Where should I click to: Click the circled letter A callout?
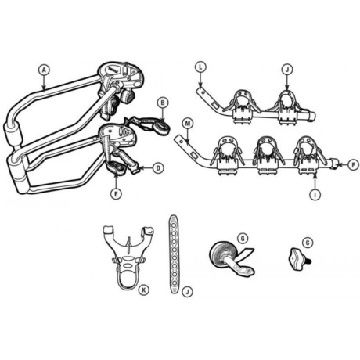(44, 70)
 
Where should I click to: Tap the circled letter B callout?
(163, 103)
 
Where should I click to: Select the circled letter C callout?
(308, 243)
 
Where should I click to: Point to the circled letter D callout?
(158, 168)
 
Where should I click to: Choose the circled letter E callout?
(116, 193)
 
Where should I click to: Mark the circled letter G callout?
(243, 238)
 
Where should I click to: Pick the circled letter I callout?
(315, 195)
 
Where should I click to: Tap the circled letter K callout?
(143, 290)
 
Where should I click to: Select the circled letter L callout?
(200, 67)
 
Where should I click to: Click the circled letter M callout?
(187, 123)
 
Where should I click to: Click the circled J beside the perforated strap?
(187, 291)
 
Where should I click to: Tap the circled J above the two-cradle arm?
(287, 70)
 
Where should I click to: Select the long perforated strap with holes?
(174, 254)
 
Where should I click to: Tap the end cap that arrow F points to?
(335, 164)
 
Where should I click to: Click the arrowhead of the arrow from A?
(44, 88)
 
